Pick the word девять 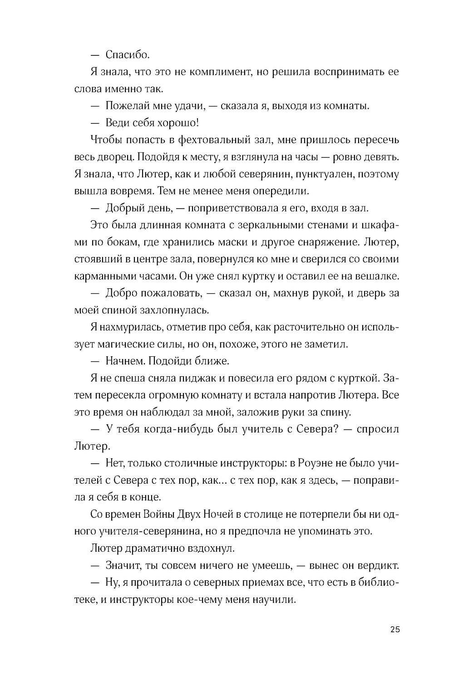tap(381, 157)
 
